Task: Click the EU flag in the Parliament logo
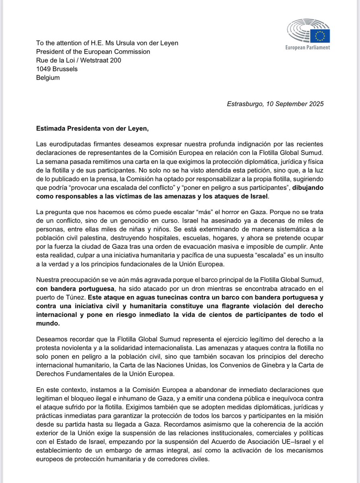(322, 36)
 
